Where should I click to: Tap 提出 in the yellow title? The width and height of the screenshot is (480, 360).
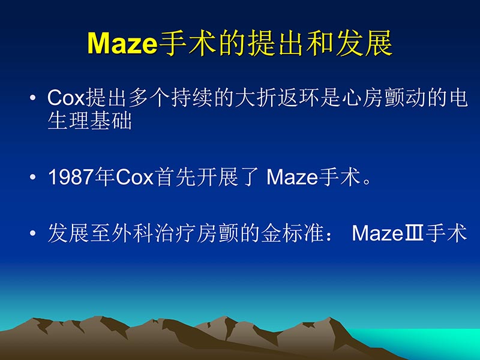pyautogui.click(x=269, y=43)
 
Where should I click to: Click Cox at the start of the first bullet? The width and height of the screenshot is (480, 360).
pyautogui.click(x=66, y=98)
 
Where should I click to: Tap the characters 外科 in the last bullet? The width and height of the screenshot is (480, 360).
pyautogui.click(x=129, y=233)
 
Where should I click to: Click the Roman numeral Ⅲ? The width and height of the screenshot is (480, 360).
pyautogui.click(x=413, y=233)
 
